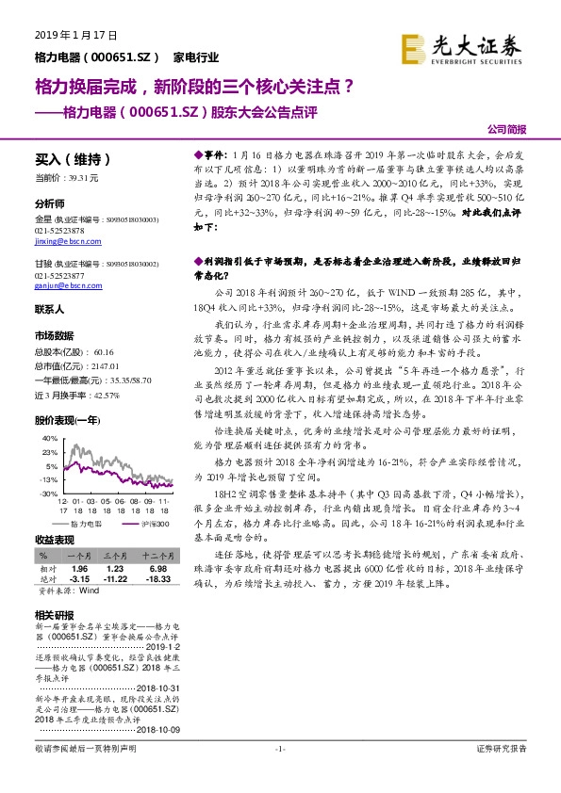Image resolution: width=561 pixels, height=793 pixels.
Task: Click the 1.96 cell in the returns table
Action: pos(79,568)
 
